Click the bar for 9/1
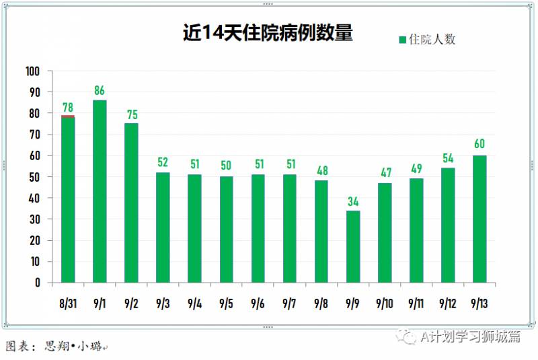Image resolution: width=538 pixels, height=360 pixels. pos(100,191)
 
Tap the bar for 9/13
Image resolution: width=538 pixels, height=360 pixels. pos(479,219)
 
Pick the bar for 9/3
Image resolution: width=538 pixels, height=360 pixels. pos(163,227)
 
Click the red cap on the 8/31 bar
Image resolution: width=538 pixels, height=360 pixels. pos(68,116)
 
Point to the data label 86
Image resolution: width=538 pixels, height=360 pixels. pos(100,90)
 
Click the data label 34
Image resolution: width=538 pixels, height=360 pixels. pos(353,201)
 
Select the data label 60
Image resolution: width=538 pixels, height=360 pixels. pos(479,144)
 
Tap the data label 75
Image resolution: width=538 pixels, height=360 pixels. pos(131,113)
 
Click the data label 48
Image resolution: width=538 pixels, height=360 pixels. pos(321,170)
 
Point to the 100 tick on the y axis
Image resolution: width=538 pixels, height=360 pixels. pos(32,71)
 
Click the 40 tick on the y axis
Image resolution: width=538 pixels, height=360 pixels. pos(34,198)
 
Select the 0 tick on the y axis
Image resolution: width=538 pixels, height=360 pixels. pos(38,283)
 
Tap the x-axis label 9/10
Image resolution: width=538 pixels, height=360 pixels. pos(385,304)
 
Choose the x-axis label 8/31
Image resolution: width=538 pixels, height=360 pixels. pos(67,304)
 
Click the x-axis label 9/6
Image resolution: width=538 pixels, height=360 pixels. pos(258,304)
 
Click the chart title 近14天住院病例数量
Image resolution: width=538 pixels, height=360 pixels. pos(268,34)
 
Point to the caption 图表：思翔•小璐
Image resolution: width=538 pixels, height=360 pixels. pos(54,347)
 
